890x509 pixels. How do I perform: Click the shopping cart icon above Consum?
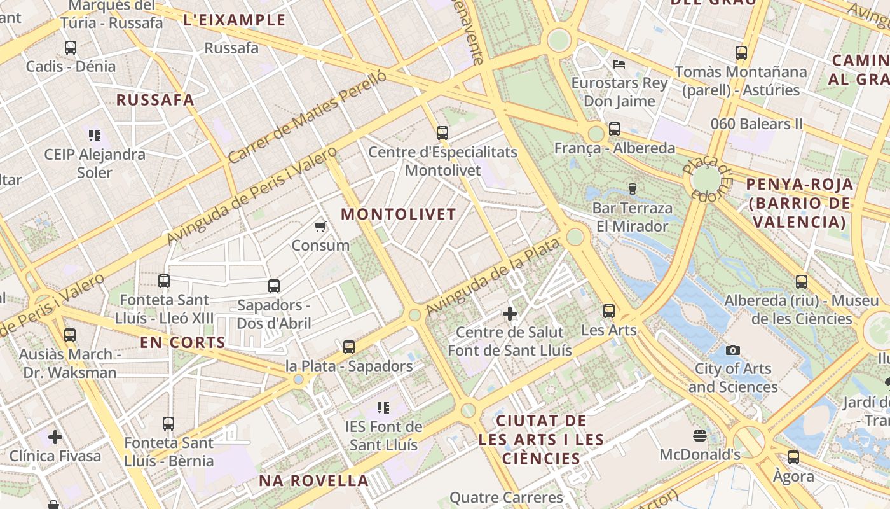click(320, 227)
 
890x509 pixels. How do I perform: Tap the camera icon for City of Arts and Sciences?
click(732, 350)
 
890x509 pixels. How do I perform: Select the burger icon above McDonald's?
click(700, 436)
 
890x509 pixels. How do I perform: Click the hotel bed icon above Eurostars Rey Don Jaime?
click(619, 64)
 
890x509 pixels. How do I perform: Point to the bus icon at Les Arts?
click(609, 311)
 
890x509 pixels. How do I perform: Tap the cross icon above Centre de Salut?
click(509, 314)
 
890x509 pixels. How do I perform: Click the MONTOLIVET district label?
click(399, 214)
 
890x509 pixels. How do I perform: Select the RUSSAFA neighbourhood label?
click(155, 100)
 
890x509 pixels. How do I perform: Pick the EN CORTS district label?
click(183, 342)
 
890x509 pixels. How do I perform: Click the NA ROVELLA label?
click(313, 481)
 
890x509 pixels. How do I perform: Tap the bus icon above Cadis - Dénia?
click(71, 48)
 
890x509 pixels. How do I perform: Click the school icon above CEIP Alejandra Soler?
click(95, 135)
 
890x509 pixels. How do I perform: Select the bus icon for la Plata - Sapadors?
click(349, 347)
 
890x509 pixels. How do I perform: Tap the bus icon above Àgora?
click(793, 457)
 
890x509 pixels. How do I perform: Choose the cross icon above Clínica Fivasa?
click(55, 437)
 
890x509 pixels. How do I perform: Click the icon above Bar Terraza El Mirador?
click(632, 189)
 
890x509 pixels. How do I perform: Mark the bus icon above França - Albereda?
click(614, 129)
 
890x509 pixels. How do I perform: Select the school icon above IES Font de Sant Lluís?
click(383, 407)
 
